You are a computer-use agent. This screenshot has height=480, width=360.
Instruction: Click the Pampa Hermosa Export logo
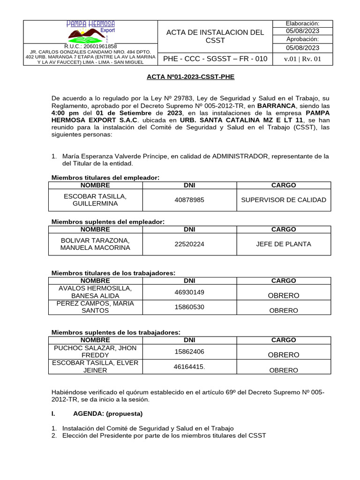pos(91,31)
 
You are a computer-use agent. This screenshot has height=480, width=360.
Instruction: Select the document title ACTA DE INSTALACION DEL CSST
pos(215,36)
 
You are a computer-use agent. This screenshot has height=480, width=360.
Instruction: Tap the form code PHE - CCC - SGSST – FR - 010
pos(215,59)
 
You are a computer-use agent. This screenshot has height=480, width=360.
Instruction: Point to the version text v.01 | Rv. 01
pos(302,59)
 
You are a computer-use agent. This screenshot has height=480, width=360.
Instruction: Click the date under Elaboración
pos(302,31)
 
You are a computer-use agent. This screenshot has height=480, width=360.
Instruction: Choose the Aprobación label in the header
pos(302,39)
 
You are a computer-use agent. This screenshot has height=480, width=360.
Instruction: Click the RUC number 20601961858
pos(91,46)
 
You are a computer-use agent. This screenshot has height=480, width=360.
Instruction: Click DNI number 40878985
pos(189,200)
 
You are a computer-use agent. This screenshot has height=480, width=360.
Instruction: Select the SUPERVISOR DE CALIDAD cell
pos(283,200)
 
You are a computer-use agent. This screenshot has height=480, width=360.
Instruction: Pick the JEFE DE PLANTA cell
pos(283,244)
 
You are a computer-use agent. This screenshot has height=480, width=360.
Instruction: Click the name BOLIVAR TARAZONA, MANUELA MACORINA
pos(95,244)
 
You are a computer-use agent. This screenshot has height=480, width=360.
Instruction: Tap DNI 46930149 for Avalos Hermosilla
pos(189,292)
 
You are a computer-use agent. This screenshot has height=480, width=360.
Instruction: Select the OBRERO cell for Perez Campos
pos(283,310)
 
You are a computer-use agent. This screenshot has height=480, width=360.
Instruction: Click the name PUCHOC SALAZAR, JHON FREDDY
pos(95,352)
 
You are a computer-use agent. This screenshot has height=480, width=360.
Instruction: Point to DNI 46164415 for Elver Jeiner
pos(189,367)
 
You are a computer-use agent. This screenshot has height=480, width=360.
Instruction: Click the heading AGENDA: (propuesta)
pos(108,413)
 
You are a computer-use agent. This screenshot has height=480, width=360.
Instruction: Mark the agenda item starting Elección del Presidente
pos(164,435)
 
